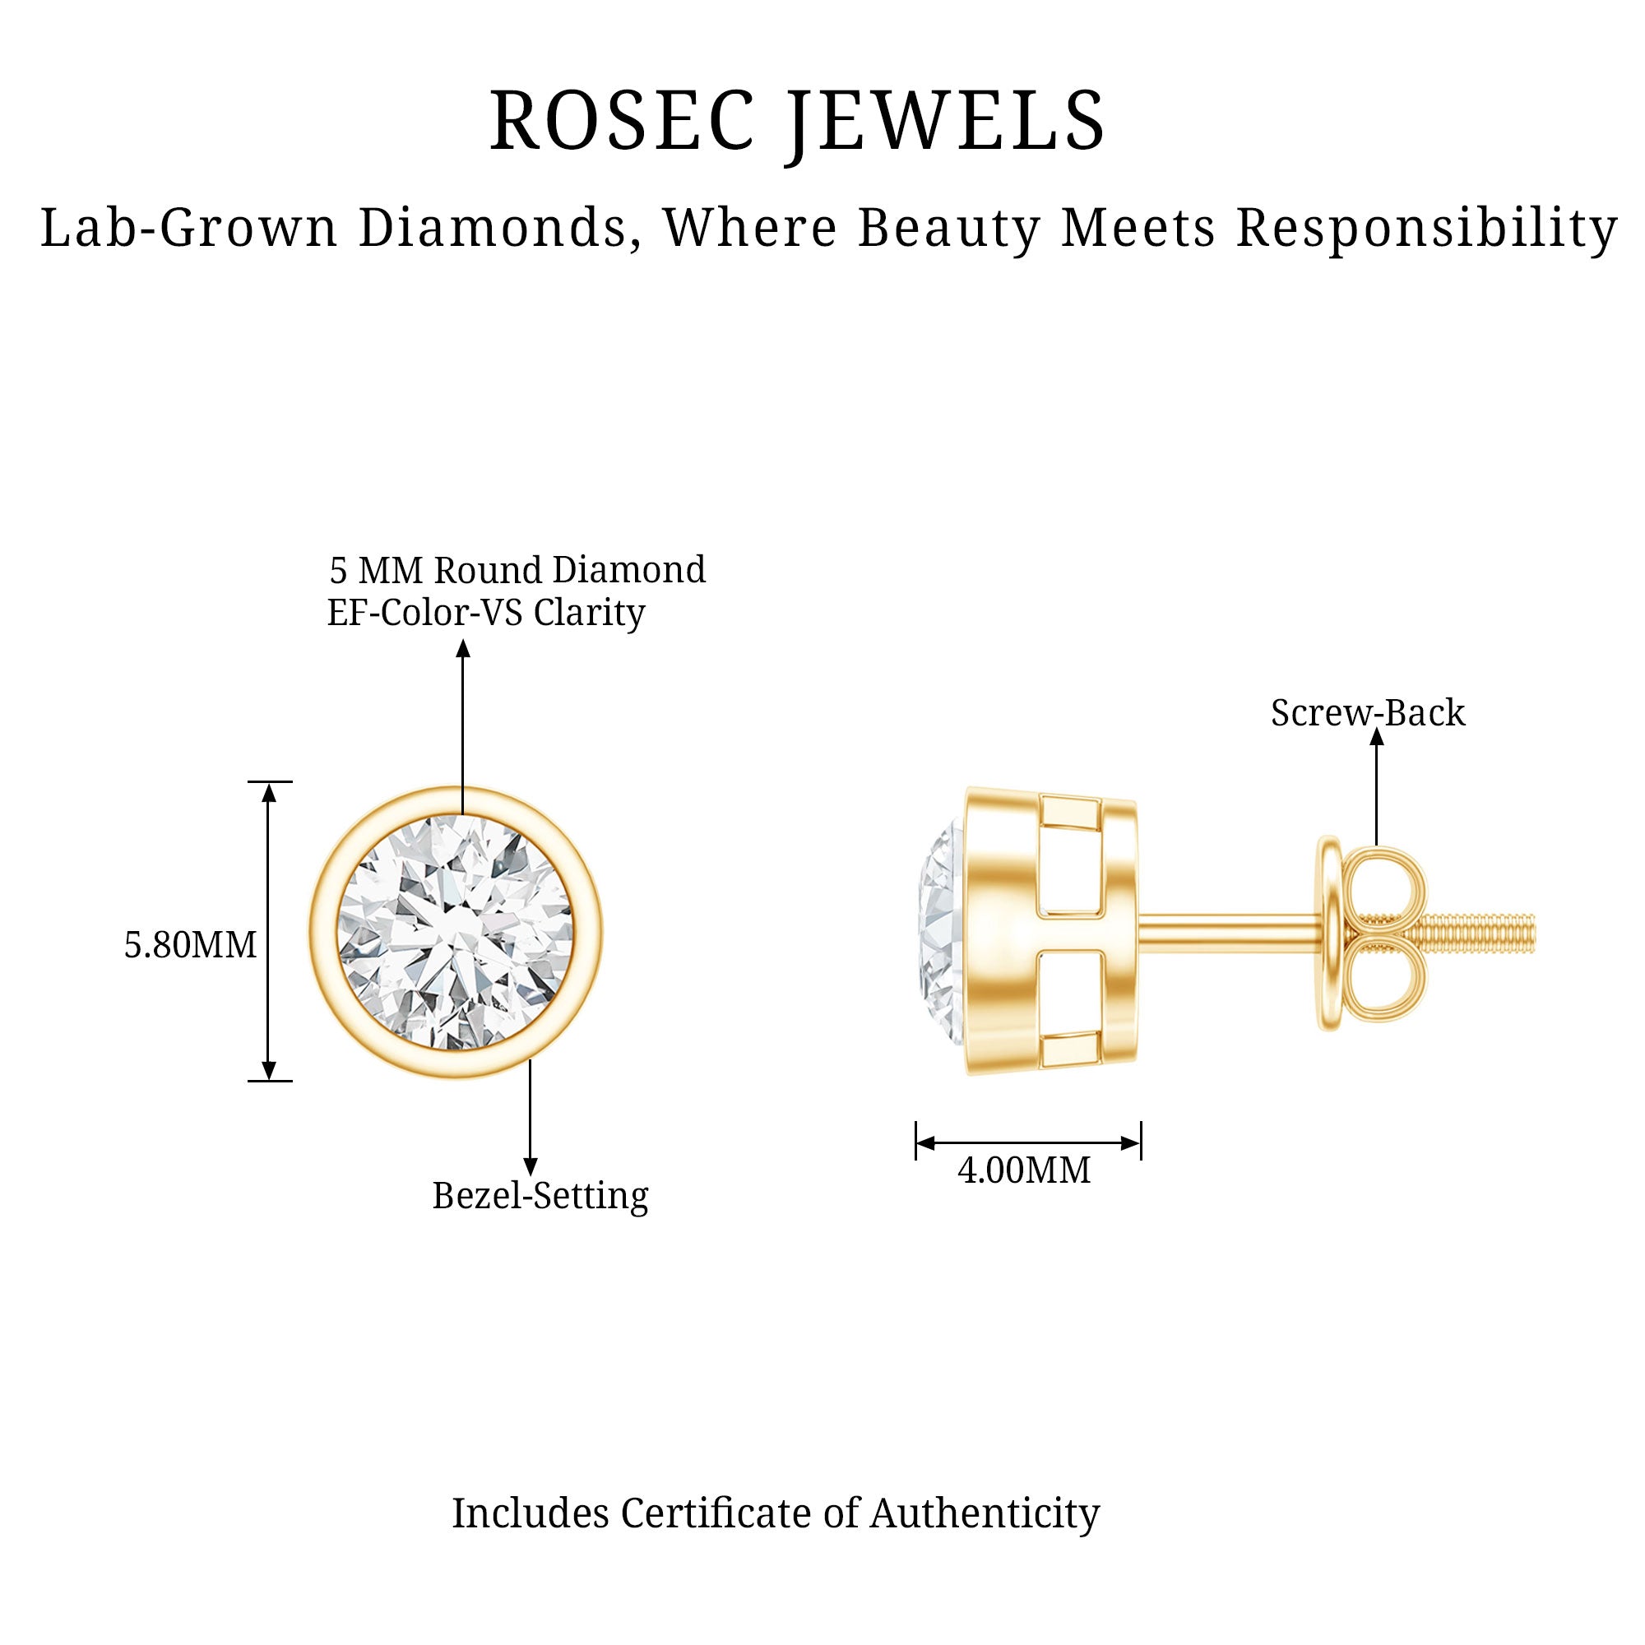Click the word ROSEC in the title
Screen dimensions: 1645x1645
[622, 122]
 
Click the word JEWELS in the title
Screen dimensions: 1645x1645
[946, 122]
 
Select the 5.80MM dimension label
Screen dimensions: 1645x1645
[190, 945]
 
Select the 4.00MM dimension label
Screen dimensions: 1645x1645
[1023, 1170]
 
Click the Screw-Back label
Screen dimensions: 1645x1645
[1368, 712]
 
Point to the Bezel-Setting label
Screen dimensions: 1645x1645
[540, 1195]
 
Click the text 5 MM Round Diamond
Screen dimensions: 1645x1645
[517, 570]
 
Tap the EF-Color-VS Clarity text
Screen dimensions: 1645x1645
[486, 612]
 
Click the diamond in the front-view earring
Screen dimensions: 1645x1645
[456, 933]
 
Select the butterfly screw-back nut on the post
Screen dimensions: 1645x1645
[1373, 934]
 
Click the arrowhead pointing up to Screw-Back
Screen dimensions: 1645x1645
[1377, 737]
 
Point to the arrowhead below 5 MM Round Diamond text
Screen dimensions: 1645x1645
[463, 649]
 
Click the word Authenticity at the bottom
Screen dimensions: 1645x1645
[985, 1513]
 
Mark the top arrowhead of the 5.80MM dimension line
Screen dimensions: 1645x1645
[269, 793]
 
